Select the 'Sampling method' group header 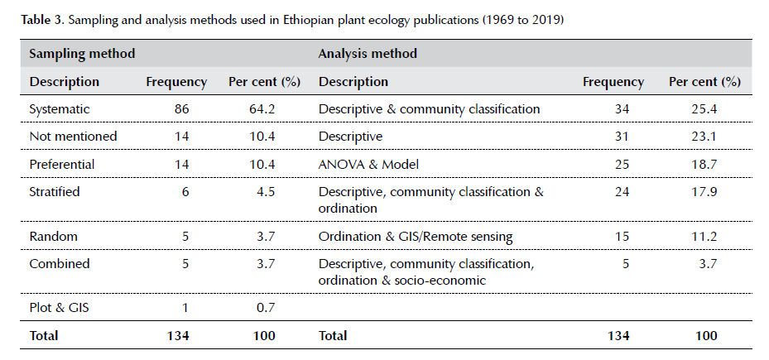[82, 54]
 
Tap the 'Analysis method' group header [368, 54]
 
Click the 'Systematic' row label [60, 109]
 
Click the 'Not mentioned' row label [73, 137]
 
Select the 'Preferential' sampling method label [62, 164]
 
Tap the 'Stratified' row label [55, 192]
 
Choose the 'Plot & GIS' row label [60, 308]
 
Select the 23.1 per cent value [704, 137]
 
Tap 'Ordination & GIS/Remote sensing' [416, 237]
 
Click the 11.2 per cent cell [704, 237]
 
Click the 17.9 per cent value [704, 192]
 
